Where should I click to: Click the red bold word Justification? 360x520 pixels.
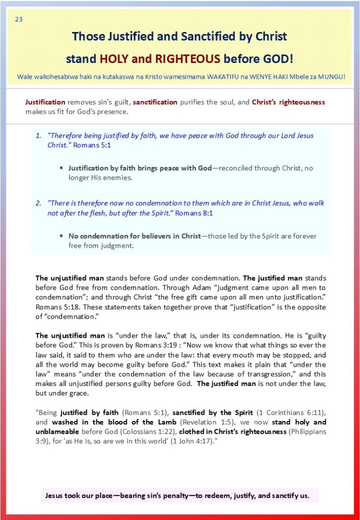(x=45, y=102)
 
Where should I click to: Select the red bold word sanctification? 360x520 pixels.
(x=155, y=102)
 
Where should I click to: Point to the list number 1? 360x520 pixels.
(x=38, y=136)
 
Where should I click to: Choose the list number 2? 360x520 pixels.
(x=38, y=203)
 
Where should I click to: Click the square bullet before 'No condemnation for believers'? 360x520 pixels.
(x=61, y=236)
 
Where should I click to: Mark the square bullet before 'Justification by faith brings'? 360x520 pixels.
(x=61, y=168)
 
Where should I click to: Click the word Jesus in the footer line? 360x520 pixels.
(x=55, y=495)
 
